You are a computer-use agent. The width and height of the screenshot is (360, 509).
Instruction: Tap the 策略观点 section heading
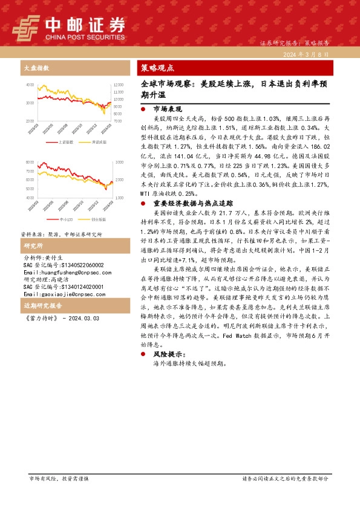point(157,68)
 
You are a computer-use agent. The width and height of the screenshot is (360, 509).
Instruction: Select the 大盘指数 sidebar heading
point(36,68)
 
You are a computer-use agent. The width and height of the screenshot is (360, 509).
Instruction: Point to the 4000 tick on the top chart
point(30,85)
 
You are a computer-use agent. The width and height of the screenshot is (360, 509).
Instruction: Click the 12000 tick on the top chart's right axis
point(119,85)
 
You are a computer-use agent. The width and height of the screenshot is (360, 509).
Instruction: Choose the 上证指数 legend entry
point(66,142)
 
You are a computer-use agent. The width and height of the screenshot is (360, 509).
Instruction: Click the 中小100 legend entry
point(67,219)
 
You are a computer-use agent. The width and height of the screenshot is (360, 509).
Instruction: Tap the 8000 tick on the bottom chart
point(30,163)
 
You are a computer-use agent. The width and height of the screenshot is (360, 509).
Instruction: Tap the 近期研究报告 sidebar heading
point(39,306)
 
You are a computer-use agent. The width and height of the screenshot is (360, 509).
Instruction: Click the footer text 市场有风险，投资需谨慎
point(59,478)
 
